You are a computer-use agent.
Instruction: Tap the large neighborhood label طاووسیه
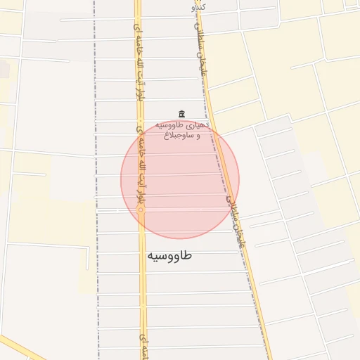coord(169,255)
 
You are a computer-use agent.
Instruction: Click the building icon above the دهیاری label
coord(181,114)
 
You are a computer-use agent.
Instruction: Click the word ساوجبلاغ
coord(176,136)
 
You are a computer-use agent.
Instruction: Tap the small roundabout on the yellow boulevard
coord(141,210)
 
